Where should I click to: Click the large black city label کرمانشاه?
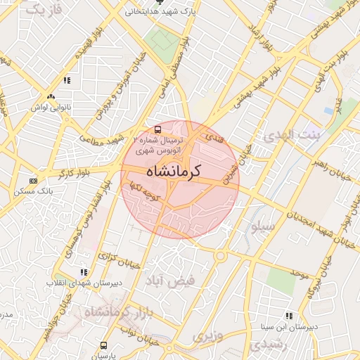(173, 171)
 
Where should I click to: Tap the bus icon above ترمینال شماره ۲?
(157, 129)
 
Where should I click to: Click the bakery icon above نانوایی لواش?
(50, 97)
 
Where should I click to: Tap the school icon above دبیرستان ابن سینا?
(288, 316)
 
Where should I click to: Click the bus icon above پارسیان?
(104, 345)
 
